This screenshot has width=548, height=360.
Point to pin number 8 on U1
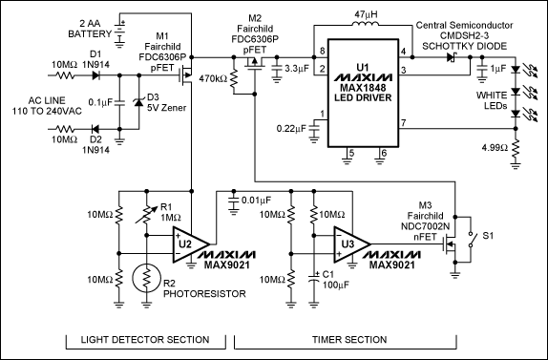[322, 49]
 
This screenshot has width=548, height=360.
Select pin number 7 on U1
[403, 123]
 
